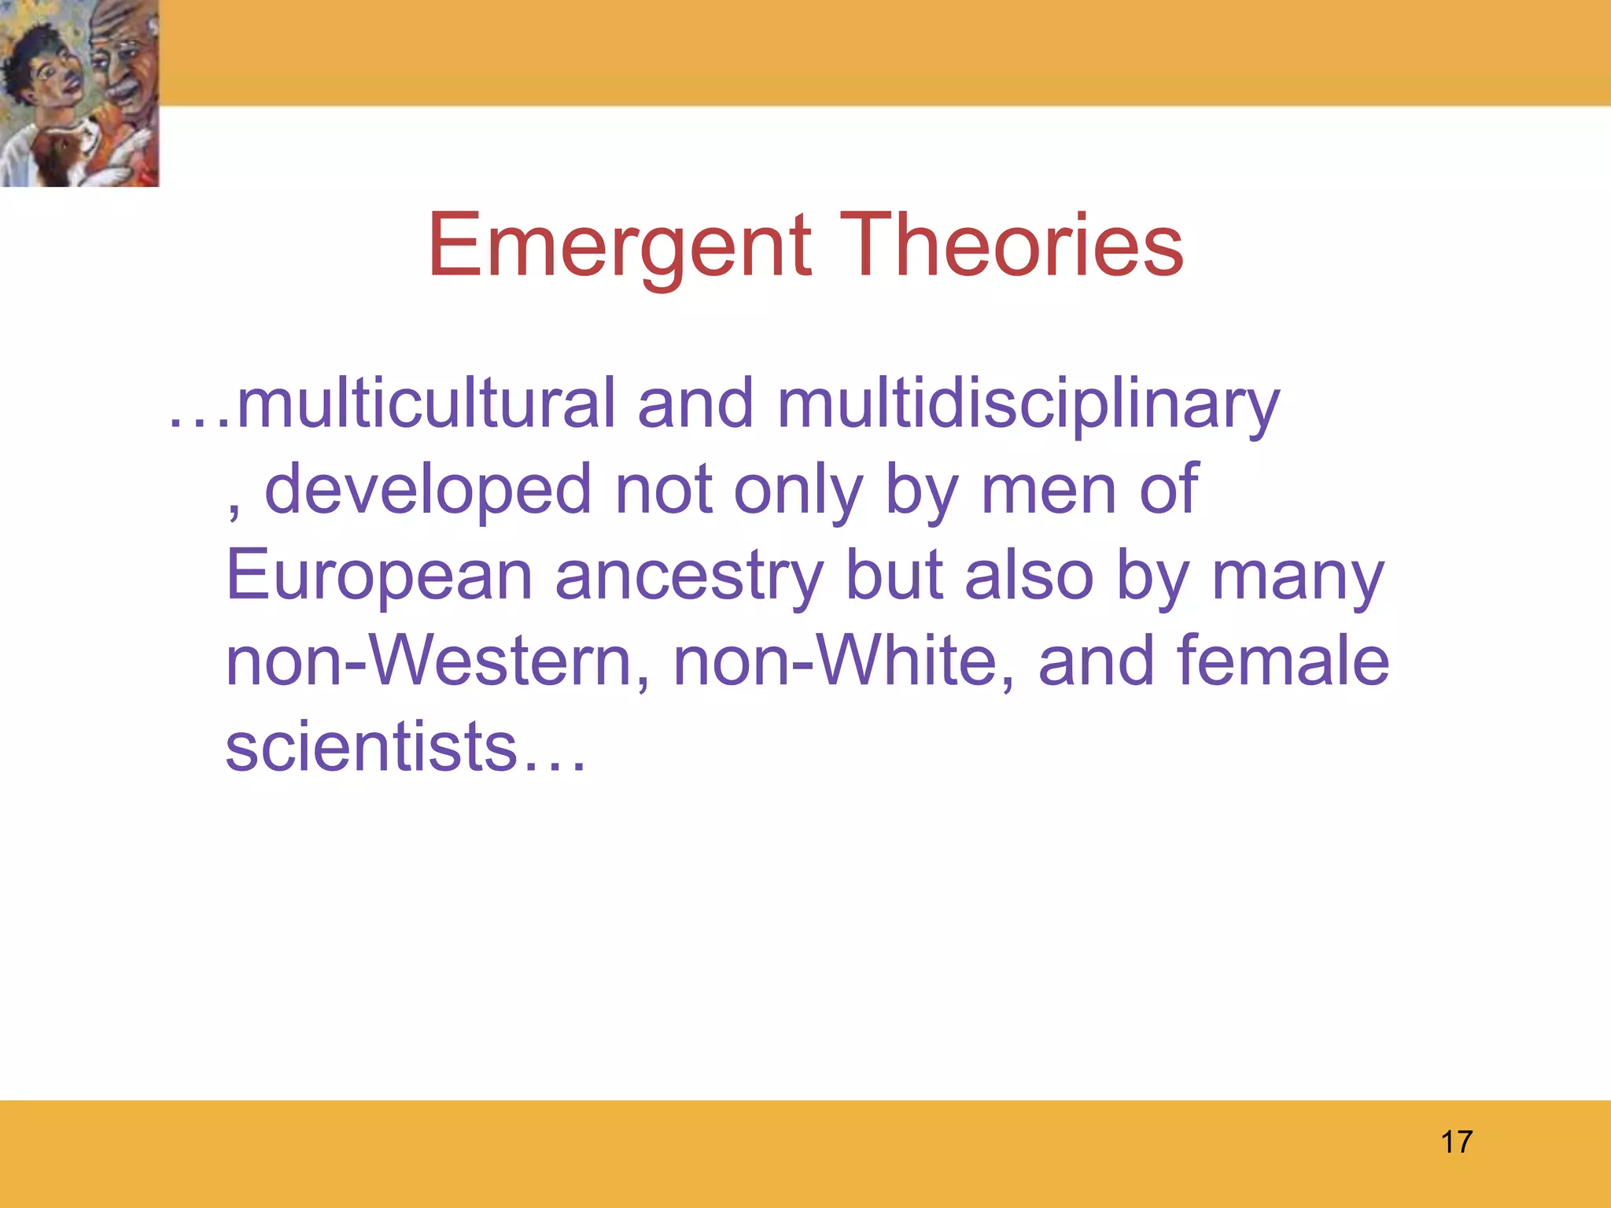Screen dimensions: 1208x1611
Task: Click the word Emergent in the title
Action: tap(620, 245)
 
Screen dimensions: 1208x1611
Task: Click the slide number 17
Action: tap(1456, 1142)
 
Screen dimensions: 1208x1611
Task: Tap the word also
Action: tap(1029, 576)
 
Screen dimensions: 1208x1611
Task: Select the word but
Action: tap(894, 576)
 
